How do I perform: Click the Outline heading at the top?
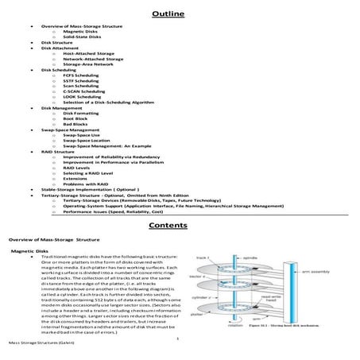179,11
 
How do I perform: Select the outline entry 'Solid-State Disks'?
82,37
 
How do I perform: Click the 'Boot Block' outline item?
75,119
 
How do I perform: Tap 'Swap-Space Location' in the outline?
88,141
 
